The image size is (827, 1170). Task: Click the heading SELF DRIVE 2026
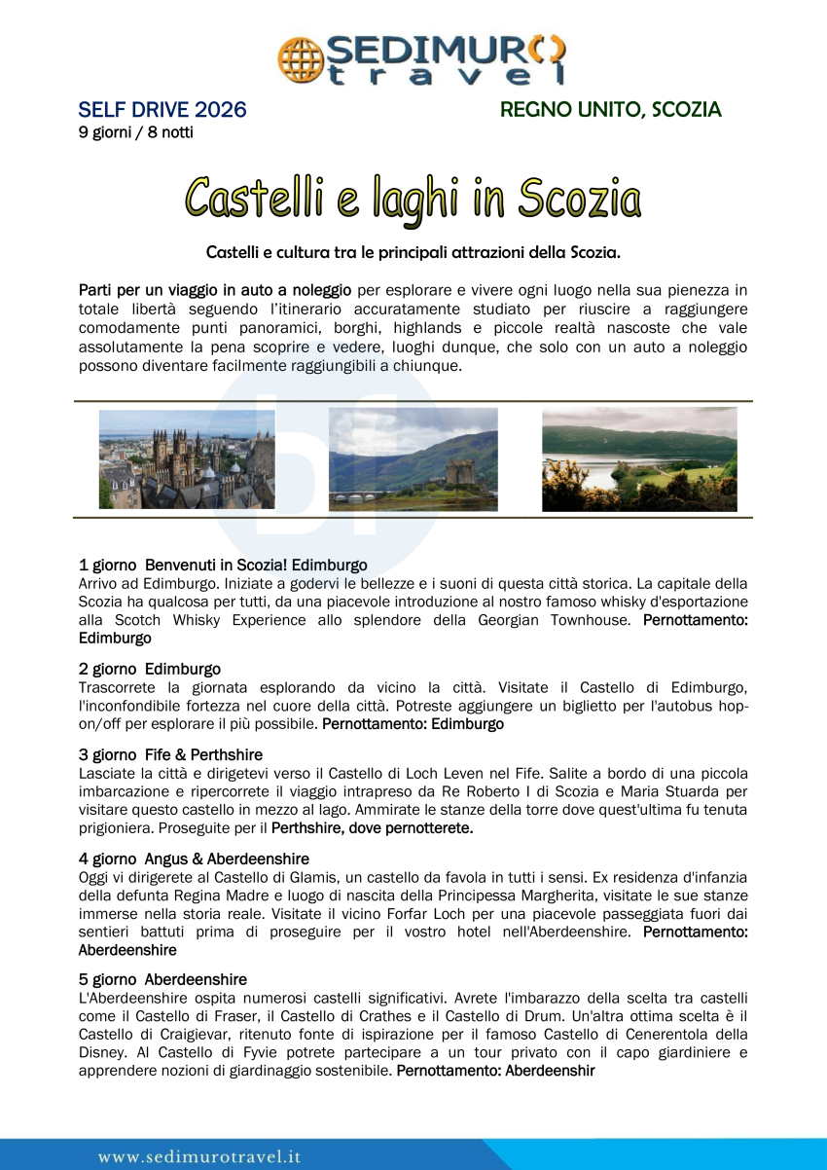point(162,110)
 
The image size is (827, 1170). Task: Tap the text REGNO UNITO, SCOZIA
point(610,110)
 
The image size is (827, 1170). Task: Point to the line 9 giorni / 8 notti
point(135,132)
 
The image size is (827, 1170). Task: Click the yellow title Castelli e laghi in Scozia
point(413,199)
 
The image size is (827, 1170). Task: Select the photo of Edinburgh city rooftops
point(187,458)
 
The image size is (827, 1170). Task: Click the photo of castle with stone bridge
point(413,458)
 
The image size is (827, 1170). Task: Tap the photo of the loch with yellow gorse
point(639,458)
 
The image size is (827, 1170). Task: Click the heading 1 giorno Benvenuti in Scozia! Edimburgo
point(223,565)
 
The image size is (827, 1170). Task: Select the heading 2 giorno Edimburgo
point(150,669)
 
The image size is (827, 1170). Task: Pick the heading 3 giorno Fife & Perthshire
point(170,754)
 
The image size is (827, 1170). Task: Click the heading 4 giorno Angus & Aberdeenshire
point(194,859)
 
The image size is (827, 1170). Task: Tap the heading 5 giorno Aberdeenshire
point(162,979)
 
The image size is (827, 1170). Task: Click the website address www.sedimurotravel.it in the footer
point(199,1156)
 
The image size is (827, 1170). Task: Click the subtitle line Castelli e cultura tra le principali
point(413,252)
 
